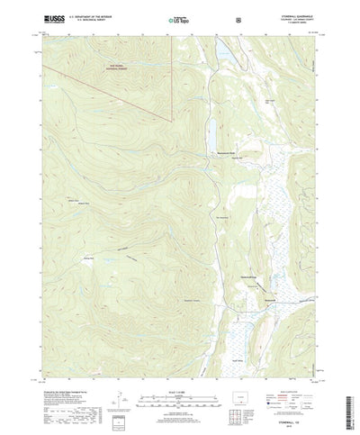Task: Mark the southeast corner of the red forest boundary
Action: (168, 118)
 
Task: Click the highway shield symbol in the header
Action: (236, 18)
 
